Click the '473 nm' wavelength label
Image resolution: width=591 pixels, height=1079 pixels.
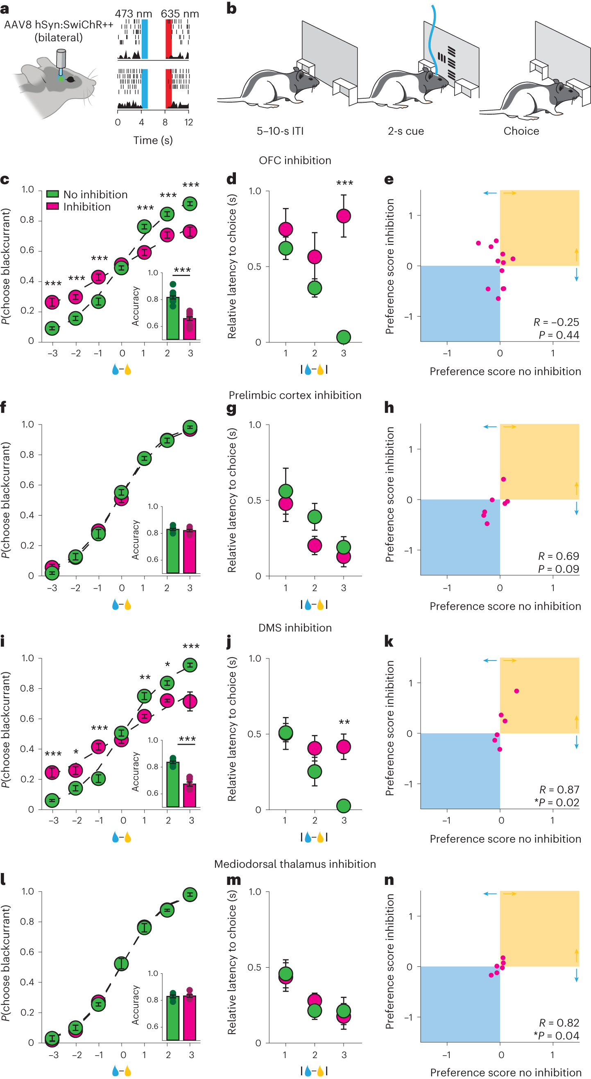[133, 14]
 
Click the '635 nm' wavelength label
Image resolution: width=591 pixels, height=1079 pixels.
[180, 14]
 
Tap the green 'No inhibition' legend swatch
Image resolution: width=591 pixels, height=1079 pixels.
[52, 194]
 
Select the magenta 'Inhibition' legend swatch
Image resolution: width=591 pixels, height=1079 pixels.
[52, 206]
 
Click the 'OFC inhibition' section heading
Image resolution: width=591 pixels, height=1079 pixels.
[295, 161]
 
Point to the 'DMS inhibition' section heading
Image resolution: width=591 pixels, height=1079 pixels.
[295, 628]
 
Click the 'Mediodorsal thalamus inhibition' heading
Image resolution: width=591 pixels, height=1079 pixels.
[295, 864]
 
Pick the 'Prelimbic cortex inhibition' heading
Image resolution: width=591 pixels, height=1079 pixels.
[295, 396]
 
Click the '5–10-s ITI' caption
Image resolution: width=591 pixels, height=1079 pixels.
[280, 131]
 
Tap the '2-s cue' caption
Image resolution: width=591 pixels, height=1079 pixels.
[405, 131]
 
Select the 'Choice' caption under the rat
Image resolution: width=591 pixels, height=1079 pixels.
[521, 131]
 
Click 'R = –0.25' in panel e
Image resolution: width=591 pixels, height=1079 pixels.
[556, 322]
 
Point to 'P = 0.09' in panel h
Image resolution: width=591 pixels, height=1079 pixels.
[558, 569]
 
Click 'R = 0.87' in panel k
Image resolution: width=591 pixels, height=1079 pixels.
[559, 789]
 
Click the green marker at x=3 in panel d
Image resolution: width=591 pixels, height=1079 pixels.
[344, 337]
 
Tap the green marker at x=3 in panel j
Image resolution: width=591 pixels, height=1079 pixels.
[344, 805]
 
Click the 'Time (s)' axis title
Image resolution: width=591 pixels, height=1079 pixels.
[153, 140]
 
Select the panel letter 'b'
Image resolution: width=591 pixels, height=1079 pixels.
[231, 8]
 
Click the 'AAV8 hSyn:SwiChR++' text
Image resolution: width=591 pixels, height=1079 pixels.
[59, 25]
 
